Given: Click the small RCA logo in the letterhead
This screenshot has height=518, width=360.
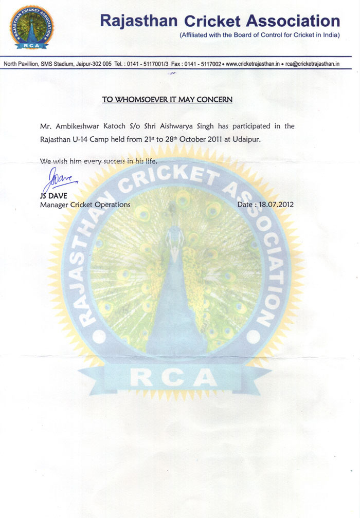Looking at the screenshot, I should coord(31,27).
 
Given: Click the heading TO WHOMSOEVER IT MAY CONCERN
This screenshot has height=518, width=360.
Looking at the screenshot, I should coord(167,99).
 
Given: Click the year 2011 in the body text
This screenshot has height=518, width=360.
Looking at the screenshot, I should coord(208,139).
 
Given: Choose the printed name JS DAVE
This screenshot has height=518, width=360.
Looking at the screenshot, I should coord(53,196).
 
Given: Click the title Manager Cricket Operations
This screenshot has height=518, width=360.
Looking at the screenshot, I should coord(85,204).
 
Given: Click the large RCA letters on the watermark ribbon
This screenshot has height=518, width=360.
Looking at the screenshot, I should coord(173,379).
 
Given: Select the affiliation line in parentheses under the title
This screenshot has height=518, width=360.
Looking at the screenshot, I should coord(260,35).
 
